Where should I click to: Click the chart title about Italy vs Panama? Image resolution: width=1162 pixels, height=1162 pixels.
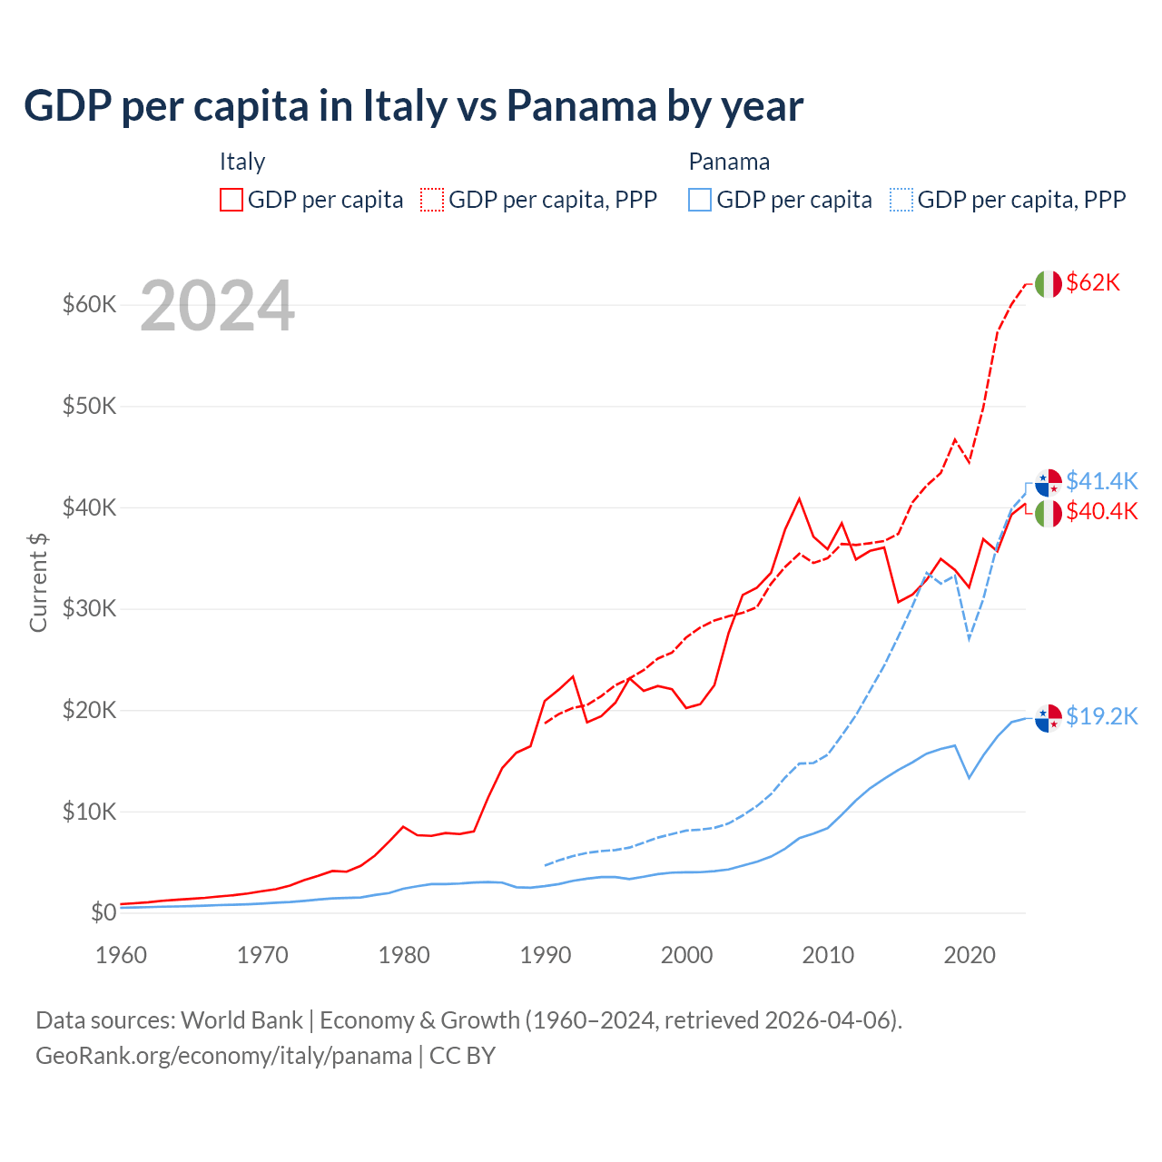[x=413, y=106]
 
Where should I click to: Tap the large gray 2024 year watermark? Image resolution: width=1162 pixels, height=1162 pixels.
[x=217, y=306]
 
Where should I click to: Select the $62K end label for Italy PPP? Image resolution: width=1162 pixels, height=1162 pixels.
[x=1093, y=282]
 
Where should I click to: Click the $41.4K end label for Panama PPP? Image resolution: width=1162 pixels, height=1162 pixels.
[x=1101, y=480]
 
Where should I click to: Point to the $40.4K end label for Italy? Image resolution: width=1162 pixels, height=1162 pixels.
[x=1101, y=511]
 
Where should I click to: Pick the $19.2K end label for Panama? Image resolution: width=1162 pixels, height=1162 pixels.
[x=1101, y=716]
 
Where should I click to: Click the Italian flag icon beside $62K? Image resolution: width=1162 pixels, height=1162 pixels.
[x=1049, y=284]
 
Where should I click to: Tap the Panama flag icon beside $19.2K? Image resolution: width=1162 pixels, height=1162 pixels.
[x=1049, y=717]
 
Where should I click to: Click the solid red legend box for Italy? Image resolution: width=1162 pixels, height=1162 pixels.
[x=231, y=200]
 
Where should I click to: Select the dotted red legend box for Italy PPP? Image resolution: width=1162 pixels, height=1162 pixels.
[x=432, y=200]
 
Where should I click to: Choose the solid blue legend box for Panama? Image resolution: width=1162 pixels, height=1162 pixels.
[x=700, y=200]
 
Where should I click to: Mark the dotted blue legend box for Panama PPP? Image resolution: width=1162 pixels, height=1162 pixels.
[x=901, y=200]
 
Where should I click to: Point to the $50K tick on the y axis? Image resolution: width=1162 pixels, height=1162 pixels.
[x=89, y=406]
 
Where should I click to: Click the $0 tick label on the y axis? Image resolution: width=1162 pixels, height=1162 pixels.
[x=103, y=912]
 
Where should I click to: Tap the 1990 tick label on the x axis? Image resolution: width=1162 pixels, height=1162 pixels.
[x=546, y=955]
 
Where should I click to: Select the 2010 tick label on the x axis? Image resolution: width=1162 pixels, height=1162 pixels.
[x=828, y=955]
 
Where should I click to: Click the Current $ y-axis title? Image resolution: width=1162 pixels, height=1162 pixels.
[x=38, y=582]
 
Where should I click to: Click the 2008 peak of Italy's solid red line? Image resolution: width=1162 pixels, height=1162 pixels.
[x=799, y=498]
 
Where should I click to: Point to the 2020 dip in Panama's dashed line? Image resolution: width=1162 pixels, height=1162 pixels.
[x=970, y=639]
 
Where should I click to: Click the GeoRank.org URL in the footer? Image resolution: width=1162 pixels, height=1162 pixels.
[x=223, y=1056]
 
